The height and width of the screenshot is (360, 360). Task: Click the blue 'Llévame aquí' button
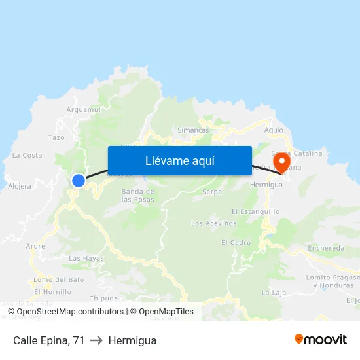click(179, 160)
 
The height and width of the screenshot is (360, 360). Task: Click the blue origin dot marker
click(79, 180)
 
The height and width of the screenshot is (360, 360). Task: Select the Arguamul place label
click(83, 109)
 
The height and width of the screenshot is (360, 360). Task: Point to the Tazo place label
click(56, 137)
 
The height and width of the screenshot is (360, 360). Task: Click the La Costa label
click(27, 155)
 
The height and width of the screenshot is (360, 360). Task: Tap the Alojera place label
click(19, 186)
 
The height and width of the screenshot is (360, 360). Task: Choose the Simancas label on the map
click(193, 130)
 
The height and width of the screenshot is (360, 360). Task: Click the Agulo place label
click(274, 130)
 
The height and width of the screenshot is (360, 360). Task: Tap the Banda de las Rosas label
click(137, 195)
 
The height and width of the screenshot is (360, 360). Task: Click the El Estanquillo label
click(256, 211)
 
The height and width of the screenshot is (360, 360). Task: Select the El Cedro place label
click(236, 242)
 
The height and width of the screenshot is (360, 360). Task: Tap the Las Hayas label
click(86, 258)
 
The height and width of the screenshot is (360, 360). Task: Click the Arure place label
click(35, 246)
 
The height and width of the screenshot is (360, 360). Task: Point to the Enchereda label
click(326, 249)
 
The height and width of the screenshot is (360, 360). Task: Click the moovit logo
click(321, 340)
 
